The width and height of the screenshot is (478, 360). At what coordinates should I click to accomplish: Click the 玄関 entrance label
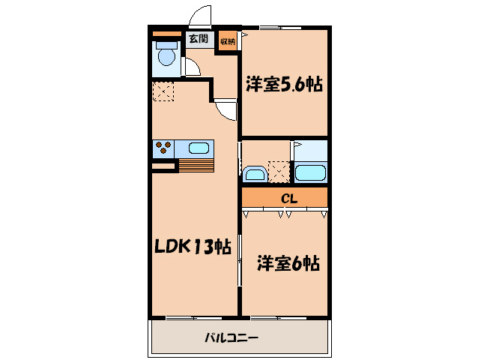click(199, 40)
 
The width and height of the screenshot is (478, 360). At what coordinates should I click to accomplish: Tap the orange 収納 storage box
click(228, 41)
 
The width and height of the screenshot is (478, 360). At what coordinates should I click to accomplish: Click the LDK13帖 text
click(193, 246)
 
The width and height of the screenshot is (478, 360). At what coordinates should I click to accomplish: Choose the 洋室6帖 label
click(288, 263)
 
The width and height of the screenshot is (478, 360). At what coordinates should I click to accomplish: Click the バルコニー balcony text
click(232, 338)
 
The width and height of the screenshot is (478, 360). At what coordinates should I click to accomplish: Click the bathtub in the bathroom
click(310, 173)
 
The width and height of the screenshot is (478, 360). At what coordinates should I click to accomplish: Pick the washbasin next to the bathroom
click(255, 175)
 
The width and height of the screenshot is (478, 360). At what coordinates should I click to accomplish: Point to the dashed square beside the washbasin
click(279, 172)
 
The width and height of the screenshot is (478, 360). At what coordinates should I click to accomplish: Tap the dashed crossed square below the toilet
click(163, 91)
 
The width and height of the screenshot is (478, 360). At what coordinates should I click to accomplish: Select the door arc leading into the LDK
click(226, 110)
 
